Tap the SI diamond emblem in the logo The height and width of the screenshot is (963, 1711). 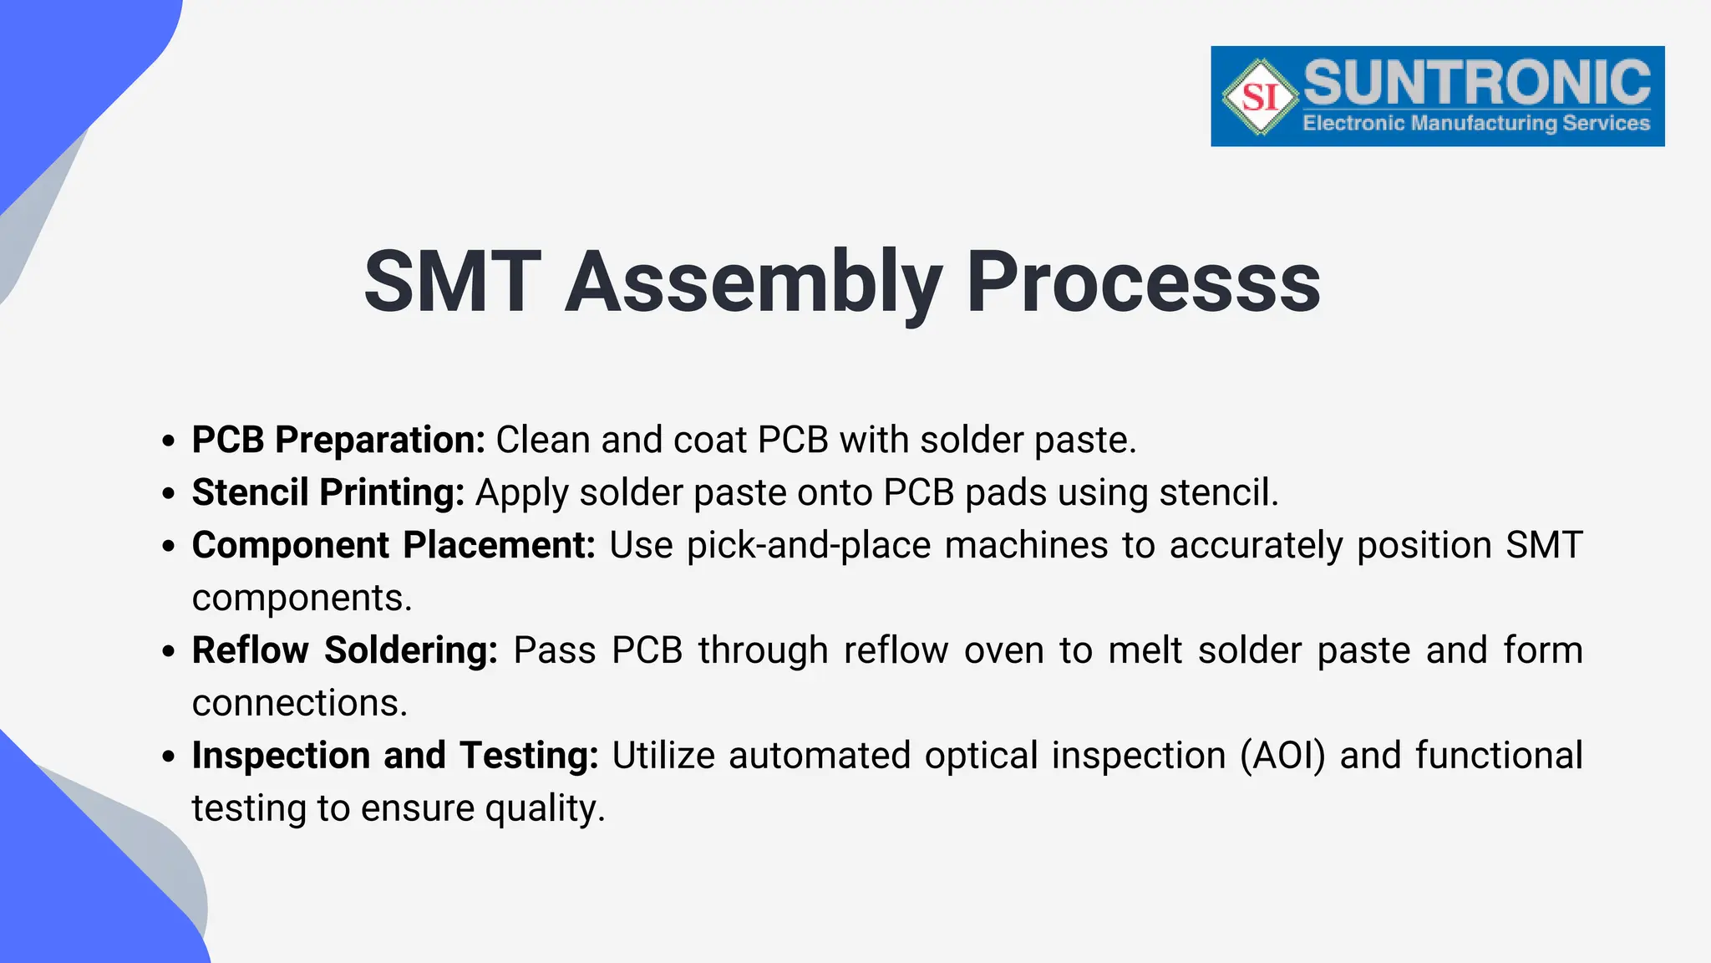tap(1260, 97)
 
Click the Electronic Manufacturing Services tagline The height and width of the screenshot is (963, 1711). tap(1475, 124)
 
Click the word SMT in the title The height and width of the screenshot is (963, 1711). tap(452, 283)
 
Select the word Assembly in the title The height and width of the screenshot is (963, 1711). tap(754, 283)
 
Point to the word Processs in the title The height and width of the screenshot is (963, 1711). tap(1142, 283)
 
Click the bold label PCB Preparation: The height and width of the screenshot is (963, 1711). tap(338, 440)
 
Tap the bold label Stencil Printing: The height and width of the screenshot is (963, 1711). tap(328, 492)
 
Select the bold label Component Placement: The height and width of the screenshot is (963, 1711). tap(393, 545)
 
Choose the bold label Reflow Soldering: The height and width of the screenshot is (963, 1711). tap(344, 650)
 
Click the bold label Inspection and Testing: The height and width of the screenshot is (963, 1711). tap(395, 756)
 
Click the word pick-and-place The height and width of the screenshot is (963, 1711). tap(808, 546)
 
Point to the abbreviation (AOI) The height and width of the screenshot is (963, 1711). tap(1282, 756)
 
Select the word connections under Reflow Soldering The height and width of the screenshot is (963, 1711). tap(299, 703)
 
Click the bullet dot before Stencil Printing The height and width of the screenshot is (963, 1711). tap(170, 494)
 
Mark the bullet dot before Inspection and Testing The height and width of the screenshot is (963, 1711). tap(170, 757)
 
